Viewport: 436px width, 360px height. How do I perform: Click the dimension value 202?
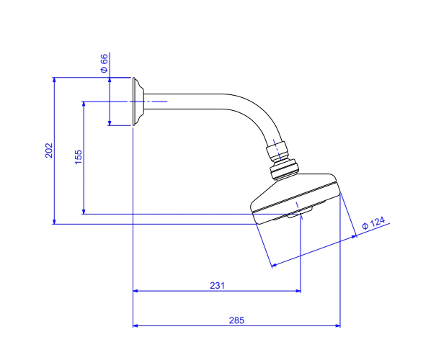[x=49, y=150]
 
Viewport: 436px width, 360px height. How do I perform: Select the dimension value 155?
[x=79, y=157]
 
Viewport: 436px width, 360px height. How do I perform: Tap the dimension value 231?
[x=217, y=286]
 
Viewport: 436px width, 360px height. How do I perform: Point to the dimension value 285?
[x=236, y=320]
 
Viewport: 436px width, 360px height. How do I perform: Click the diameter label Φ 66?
[x=104, y=63]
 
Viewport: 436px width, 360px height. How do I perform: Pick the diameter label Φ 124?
[x=373, y=223]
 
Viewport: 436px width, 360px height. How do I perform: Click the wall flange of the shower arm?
[x=138, y=102]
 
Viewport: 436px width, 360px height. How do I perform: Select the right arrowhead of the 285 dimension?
[x=338, y=325]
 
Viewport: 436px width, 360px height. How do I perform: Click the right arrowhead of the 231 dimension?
[x=298, y=291]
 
